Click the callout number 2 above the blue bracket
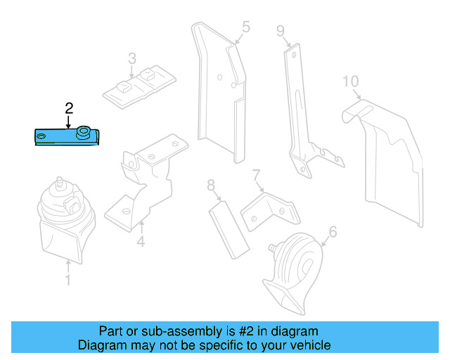69,108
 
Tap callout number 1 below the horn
67,281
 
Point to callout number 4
141,243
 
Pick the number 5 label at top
245,27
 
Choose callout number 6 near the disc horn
333,231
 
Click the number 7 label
257,174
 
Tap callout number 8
210,186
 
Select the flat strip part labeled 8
229,229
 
